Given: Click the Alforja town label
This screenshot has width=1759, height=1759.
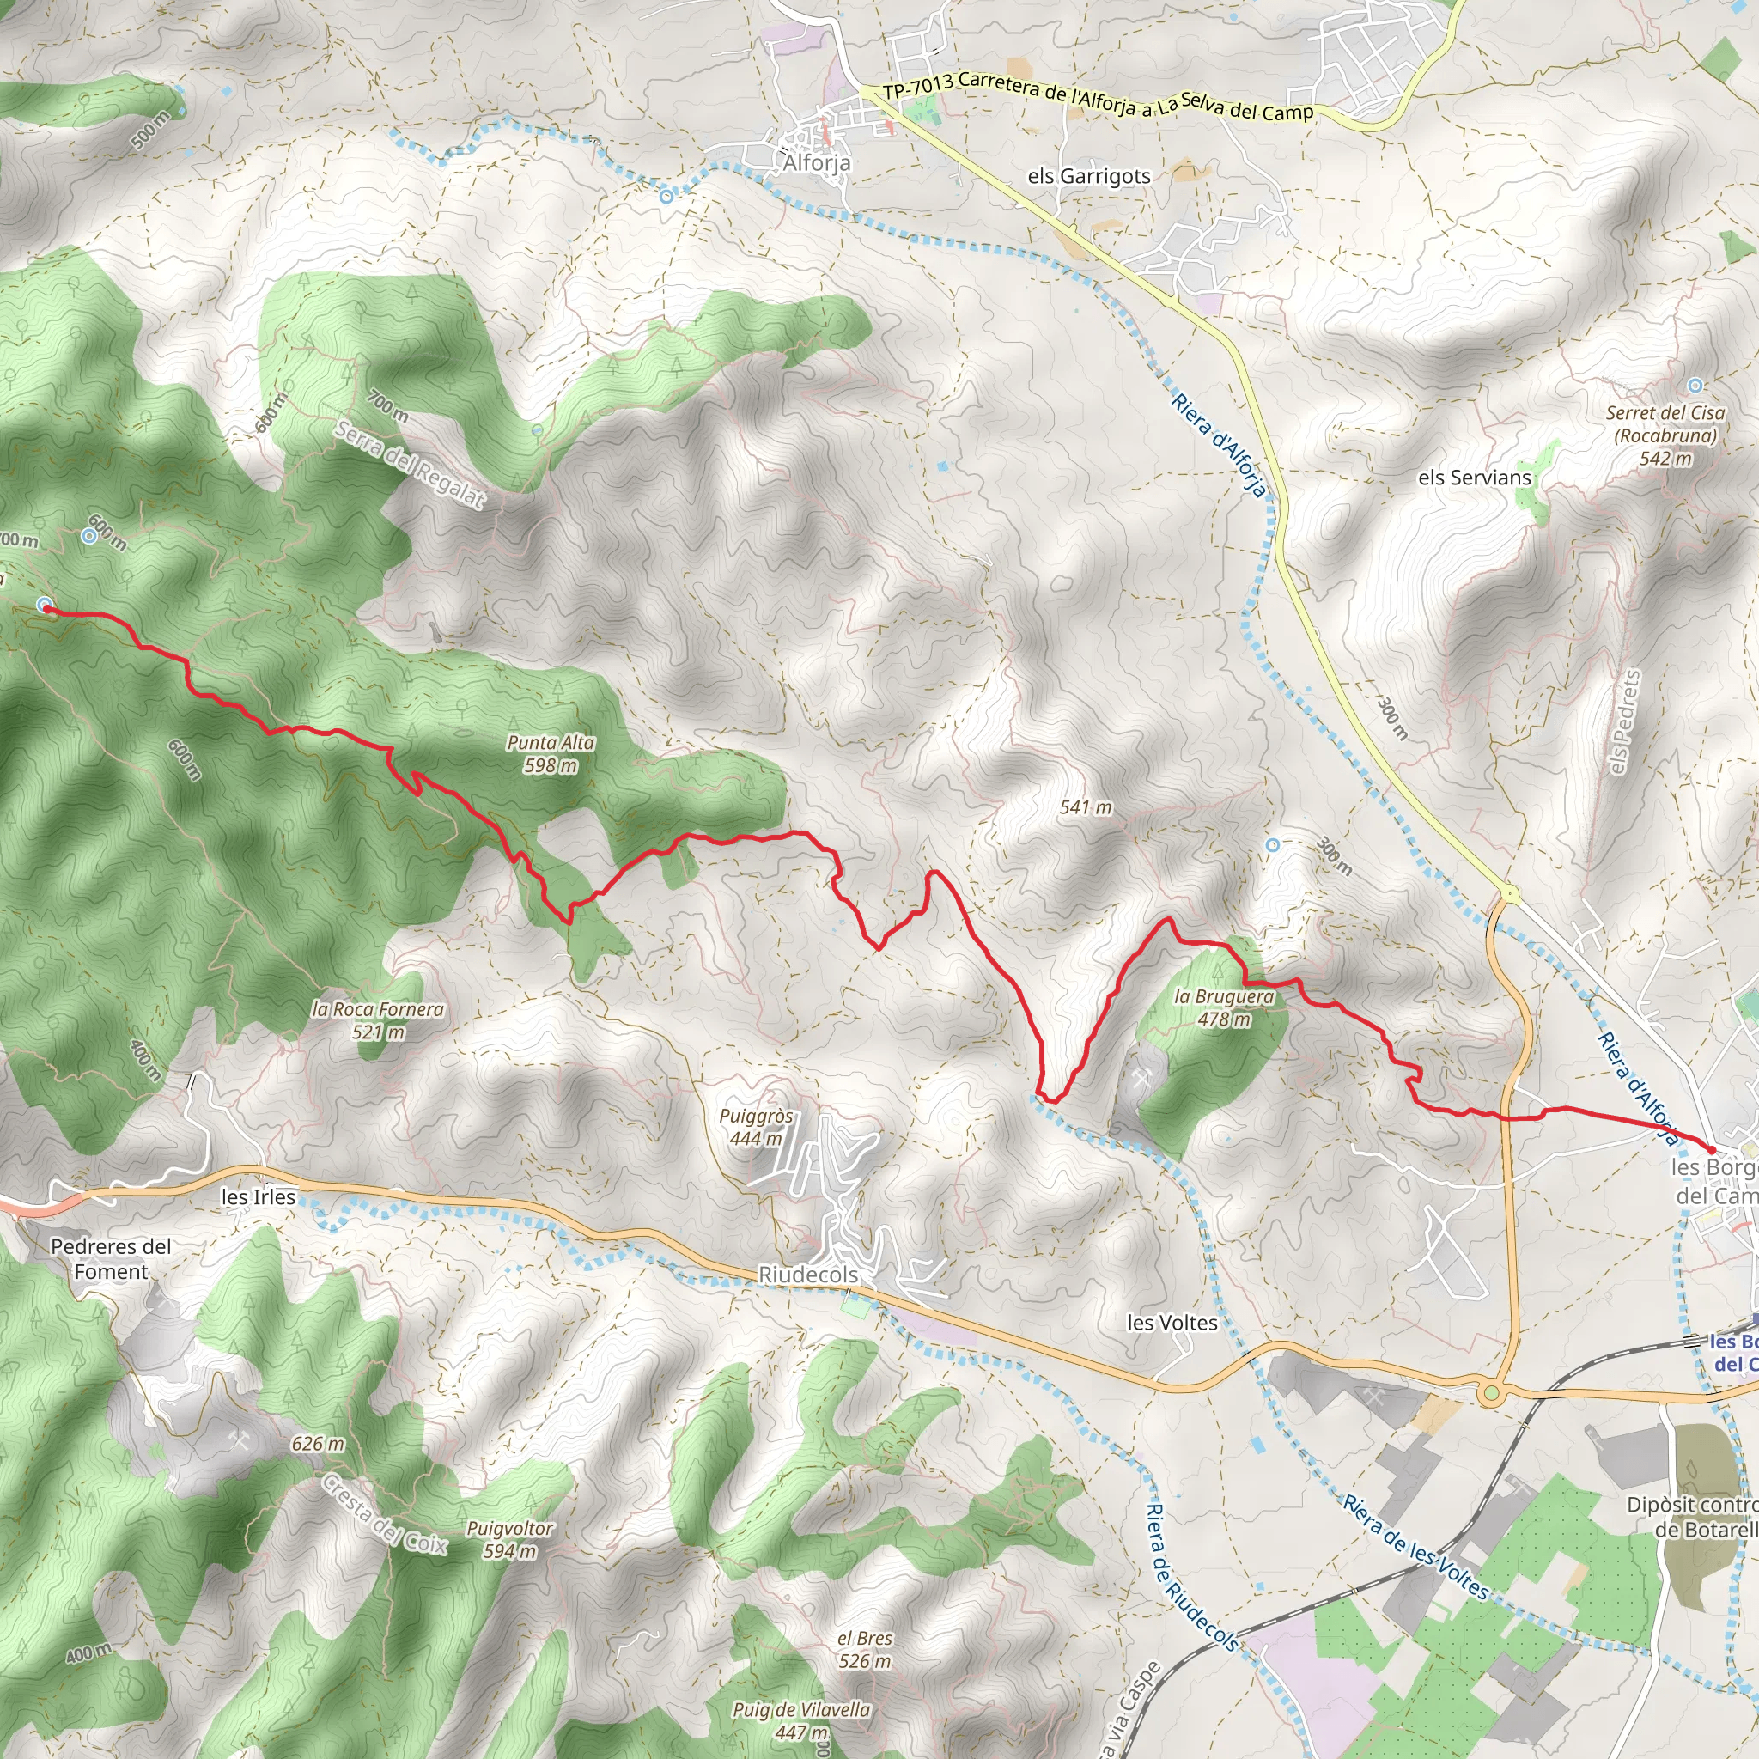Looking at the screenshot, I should tap(817, 163).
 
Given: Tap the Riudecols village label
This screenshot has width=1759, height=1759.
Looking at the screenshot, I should tap(807, 1275).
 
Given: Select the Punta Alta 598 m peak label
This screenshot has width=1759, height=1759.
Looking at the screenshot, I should tap(551, 754).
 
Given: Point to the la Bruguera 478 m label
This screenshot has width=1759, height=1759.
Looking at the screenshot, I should tap(1224, 1007).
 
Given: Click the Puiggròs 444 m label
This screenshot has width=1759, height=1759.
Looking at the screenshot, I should tap(756, 1127).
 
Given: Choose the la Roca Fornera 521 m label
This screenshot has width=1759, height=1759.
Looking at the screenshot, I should tap(378, 1020).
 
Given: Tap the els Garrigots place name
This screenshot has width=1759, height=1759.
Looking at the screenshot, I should tap(1089, 177).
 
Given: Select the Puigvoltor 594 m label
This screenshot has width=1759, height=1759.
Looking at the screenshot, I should tap(509, 1540).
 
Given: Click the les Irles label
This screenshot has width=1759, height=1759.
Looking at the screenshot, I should tap(259, 1197).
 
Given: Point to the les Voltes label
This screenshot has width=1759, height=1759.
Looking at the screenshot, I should tap(1172, 1323).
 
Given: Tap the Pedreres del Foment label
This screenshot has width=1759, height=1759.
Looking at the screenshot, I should tap(111, 1259).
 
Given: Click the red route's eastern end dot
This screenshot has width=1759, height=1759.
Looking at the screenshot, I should tap(1711, 1150).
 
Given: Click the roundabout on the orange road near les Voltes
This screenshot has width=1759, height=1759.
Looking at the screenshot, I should tap(1490, 1393).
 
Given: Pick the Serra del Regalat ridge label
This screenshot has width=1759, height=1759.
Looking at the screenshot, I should tap(409, 466).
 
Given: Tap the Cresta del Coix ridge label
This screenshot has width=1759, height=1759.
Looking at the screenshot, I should tap(384, 1513).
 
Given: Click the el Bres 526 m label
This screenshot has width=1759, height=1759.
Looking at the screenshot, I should tap(864, 1650).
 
